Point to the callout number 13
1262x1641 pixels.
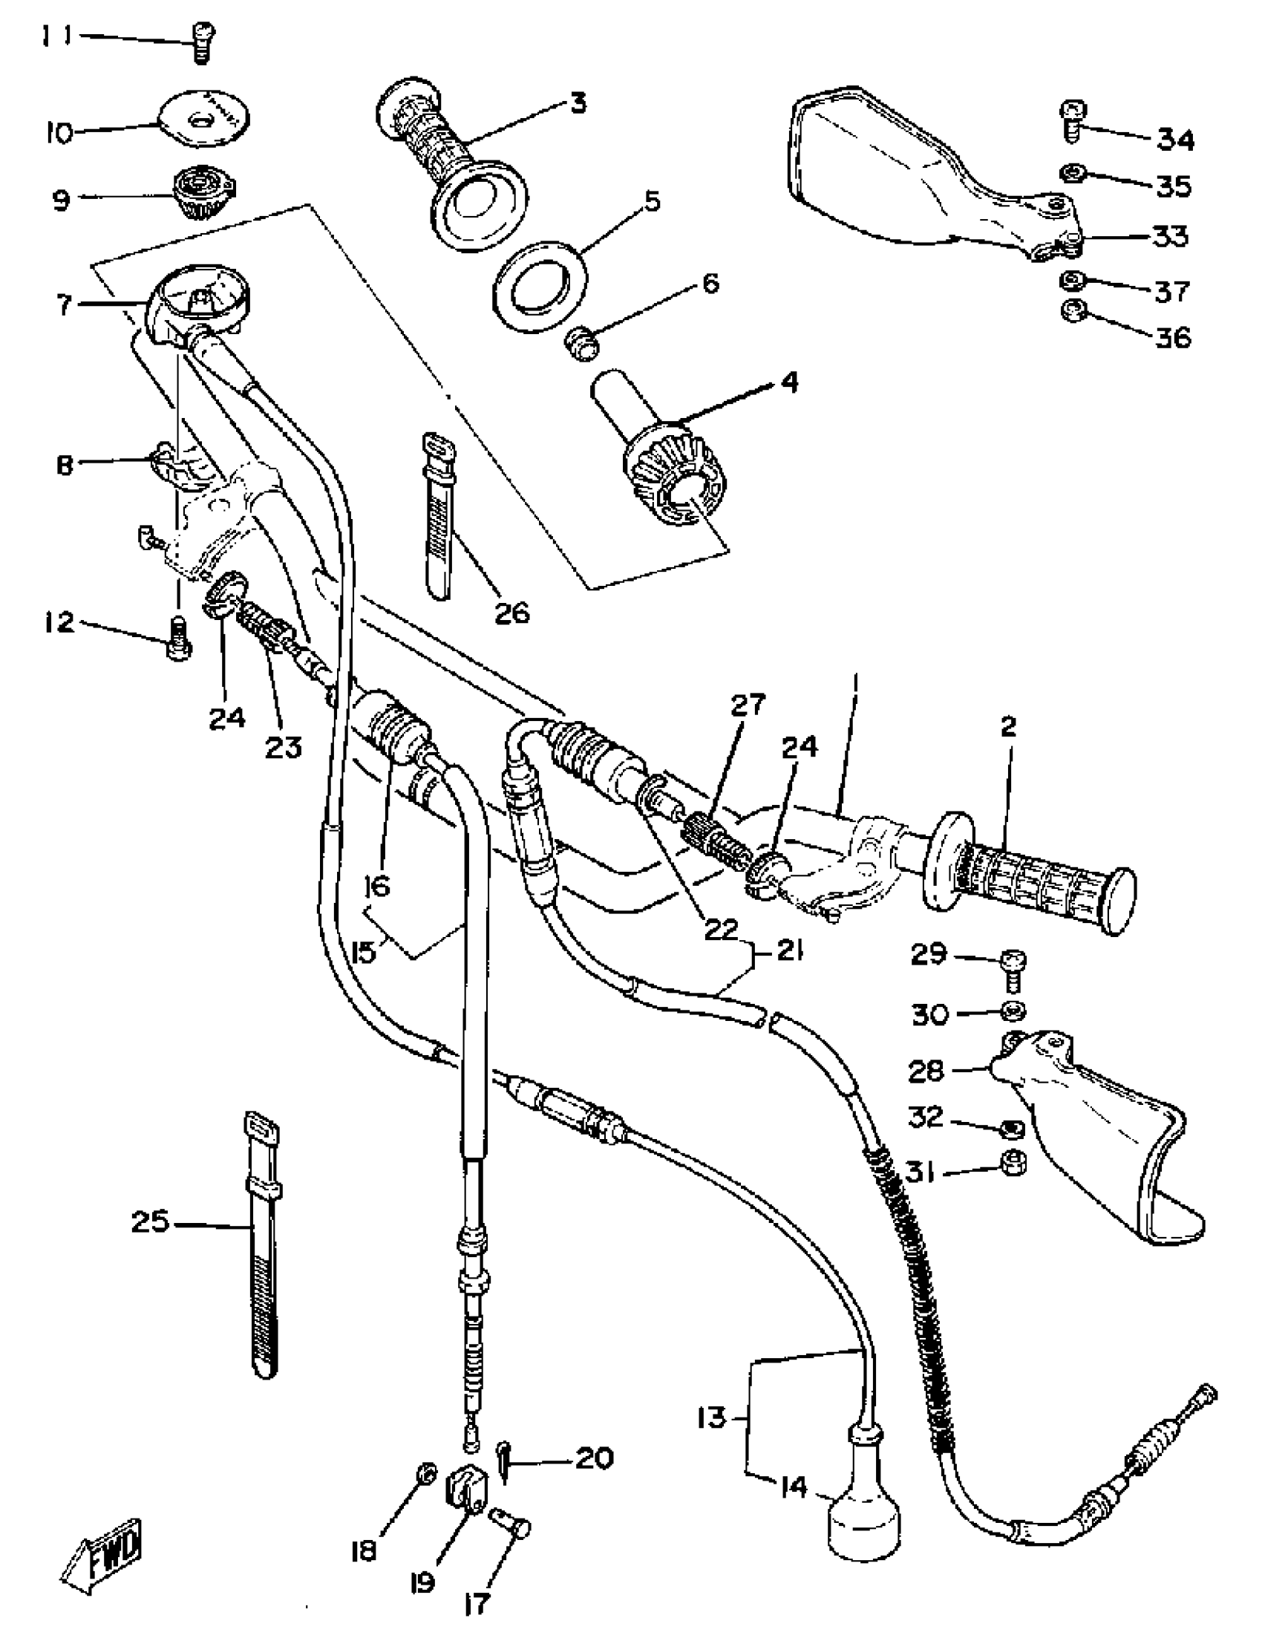point(710,1417)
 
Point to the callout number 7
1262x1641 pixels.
point(63,304)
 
